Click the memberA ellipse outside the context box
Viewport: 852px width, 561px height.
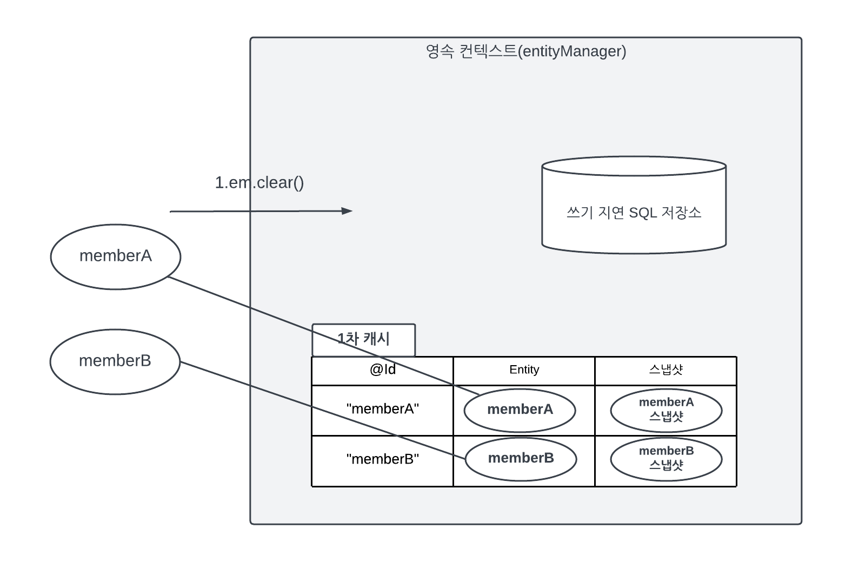pos(115,256)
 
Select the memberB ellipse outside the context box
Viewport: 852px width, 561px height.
pos(115,361)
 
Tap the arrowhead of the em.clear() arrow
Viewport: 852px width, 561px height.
pos(348,211)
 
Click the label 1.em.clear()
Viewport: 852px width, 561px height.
pos(259,183)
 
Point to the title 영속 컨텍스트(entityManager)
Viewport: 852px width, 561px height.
pos(525,51)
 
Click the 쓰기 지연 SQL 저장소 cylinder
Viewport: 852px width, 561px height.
pos(634,206)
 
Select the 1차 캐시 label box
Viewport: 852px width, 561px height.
pos(363,340)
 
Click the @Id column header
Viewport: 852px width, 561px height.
pos(382,370)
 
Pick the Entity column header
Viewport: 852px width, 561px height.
pos(524,370)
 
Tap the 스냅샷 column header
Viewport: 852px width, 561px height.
pos(665,370)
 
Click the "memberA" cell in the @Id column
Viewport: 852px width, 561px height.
pos(382,410)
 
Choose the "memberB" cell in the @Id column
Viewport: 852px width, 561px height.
pos(382,460)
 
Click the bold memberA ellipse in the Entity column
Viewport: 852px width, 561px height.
pos(520,410)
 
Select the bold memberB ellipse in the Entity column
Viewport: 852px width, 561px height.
pos(521,459)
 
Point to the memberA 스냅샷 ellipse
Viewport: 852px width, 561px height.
pos(666,410)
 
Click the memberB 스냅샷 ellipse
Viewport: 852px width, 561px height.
pos(666,459)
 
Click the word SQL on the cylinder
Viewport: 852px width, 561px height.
pos(643,213)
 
